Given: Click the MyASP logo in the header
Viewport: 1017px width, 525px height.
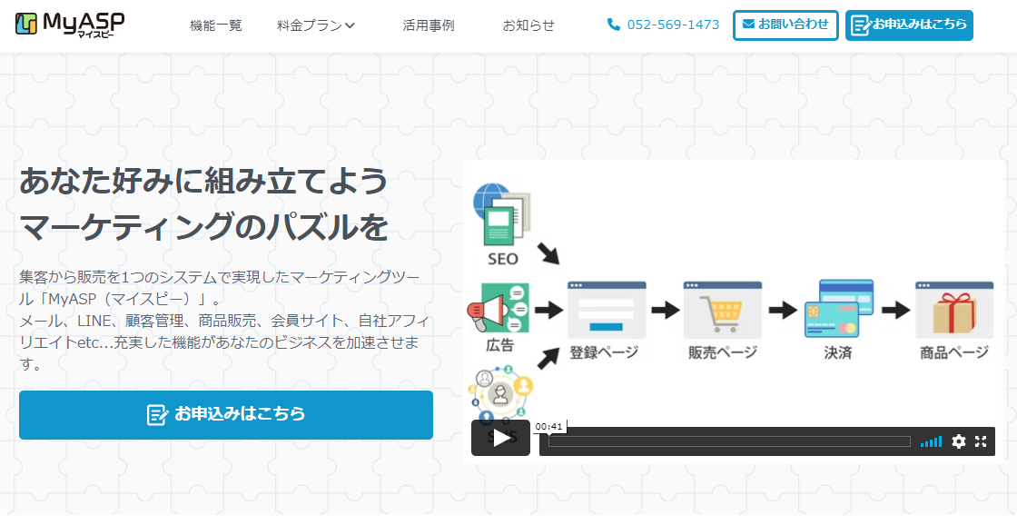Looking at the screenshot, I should (70, 25).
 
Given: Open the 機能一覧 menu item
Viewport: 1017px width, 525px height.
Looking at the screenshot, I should (216, 25).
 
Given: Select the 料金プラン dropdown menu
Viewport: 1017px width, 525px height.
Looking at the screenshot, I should (316, 25).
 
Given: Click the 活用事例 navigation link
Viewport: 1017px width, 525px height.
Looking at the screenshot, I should (429, 25).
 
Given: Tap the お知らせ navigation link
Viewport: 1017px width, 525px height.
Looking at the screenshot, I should (528, 25).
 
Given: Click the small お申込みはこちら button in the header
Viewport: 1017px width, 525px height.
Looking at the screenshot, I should (909, 25).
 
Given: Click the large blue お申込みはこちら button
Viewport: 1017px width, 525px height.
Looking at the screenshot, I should (226, 415).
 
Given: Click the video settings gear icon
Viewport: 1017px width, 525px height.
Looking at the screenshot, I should (959, 441).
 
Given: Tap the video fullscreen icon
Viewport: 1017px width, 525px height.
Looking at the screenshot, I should (981, 441).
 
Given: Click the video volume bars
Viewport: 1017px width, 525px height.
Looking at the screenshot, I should (931, 441).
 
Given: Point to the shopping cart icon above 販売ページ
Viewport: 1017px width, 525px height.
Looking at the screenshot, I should (723, 311).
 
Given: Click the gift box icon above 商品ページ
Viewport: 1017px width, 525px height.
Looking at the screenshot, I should (953, 311).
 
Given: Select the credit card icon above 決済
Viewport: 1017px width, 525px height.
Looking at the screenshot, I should (838, 309).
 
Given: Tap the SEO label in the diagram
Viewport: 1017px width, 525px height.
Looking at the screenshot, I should (502, 259).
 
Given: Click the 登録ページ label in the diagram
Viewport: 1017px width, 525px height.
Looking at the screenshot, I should (604, 352).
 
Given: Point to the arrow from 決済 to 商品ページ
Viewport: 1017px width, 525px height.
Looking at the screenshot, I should (895, 310).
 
